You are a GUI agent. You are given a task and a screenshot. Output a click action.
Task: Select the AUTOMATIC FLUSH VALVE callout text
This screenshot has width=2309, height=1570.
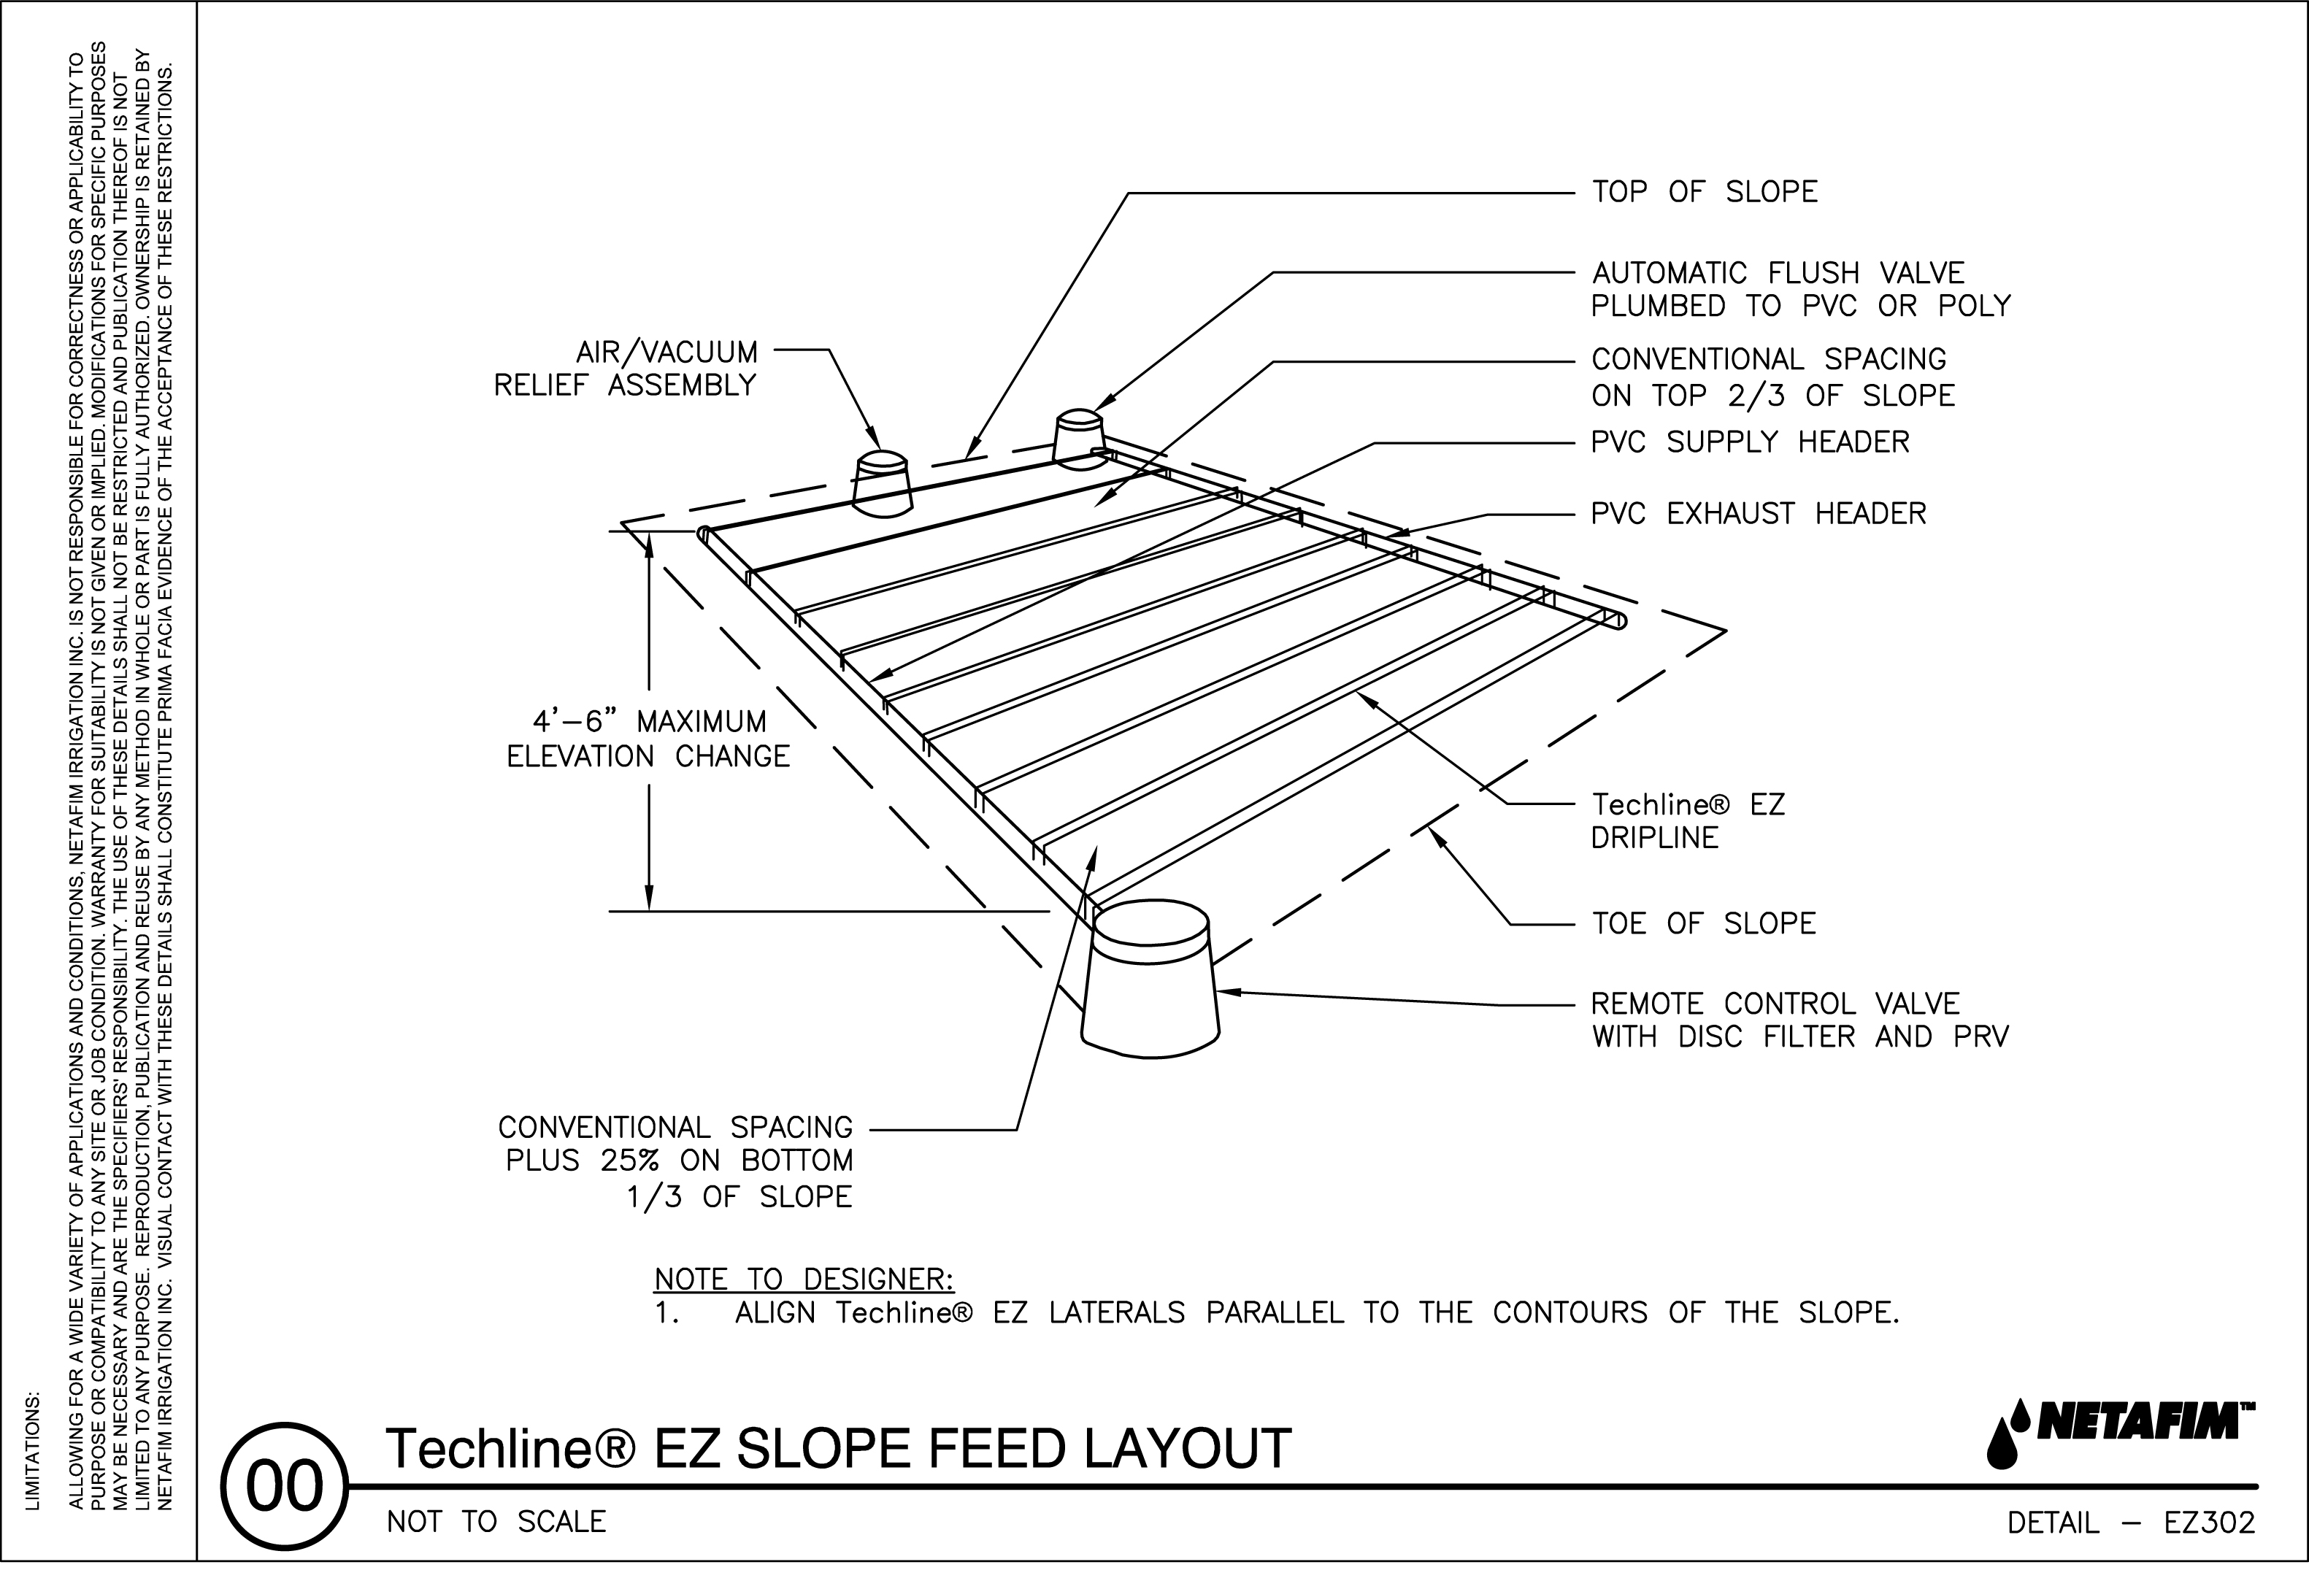[x=1799, y=289]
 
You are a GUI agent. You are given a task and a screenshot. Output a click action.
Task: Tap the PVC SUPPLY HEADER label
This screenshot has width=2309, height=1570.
[x=1750, y=442]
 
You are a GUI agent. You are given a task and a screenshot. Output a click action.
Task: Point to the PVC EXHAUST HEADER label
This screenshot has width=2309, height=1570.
[x=1758, y=514]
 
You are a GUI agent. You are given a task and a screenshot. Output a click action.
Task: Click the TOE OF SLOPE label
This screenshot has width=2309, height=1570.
[x=1703, y=923]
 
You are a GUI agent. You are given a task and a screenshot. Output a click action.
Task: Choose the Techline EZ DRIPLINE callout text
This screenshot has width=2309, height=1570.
[x=1687, y=821]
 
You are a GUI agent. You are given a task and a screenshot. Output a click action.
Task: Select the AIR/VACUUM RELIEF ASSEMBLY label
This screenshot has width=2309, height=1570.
[x=626, y=369]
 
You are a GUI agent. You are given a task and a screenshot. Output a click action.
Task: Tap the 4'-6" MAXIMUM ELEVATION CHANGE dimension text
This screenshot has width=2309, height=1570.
[x=649, y=739]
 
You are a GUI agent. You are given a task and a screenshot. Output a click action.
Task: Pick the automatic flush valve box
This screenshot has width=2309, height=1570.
[x=1078, y=437]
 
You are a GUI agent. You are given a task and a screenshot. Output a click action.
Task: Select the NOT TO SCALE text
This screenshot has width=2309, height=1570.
[x=496, y=1523]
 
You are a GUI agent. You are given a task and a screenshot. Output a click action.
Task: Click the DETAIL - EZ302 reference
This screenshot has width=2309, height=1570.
[x=2130, y=1523]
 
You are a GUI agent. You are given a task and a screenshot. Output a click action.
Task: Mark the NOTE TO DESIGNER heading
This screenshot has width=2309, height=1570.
[x=803, y=1279]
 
